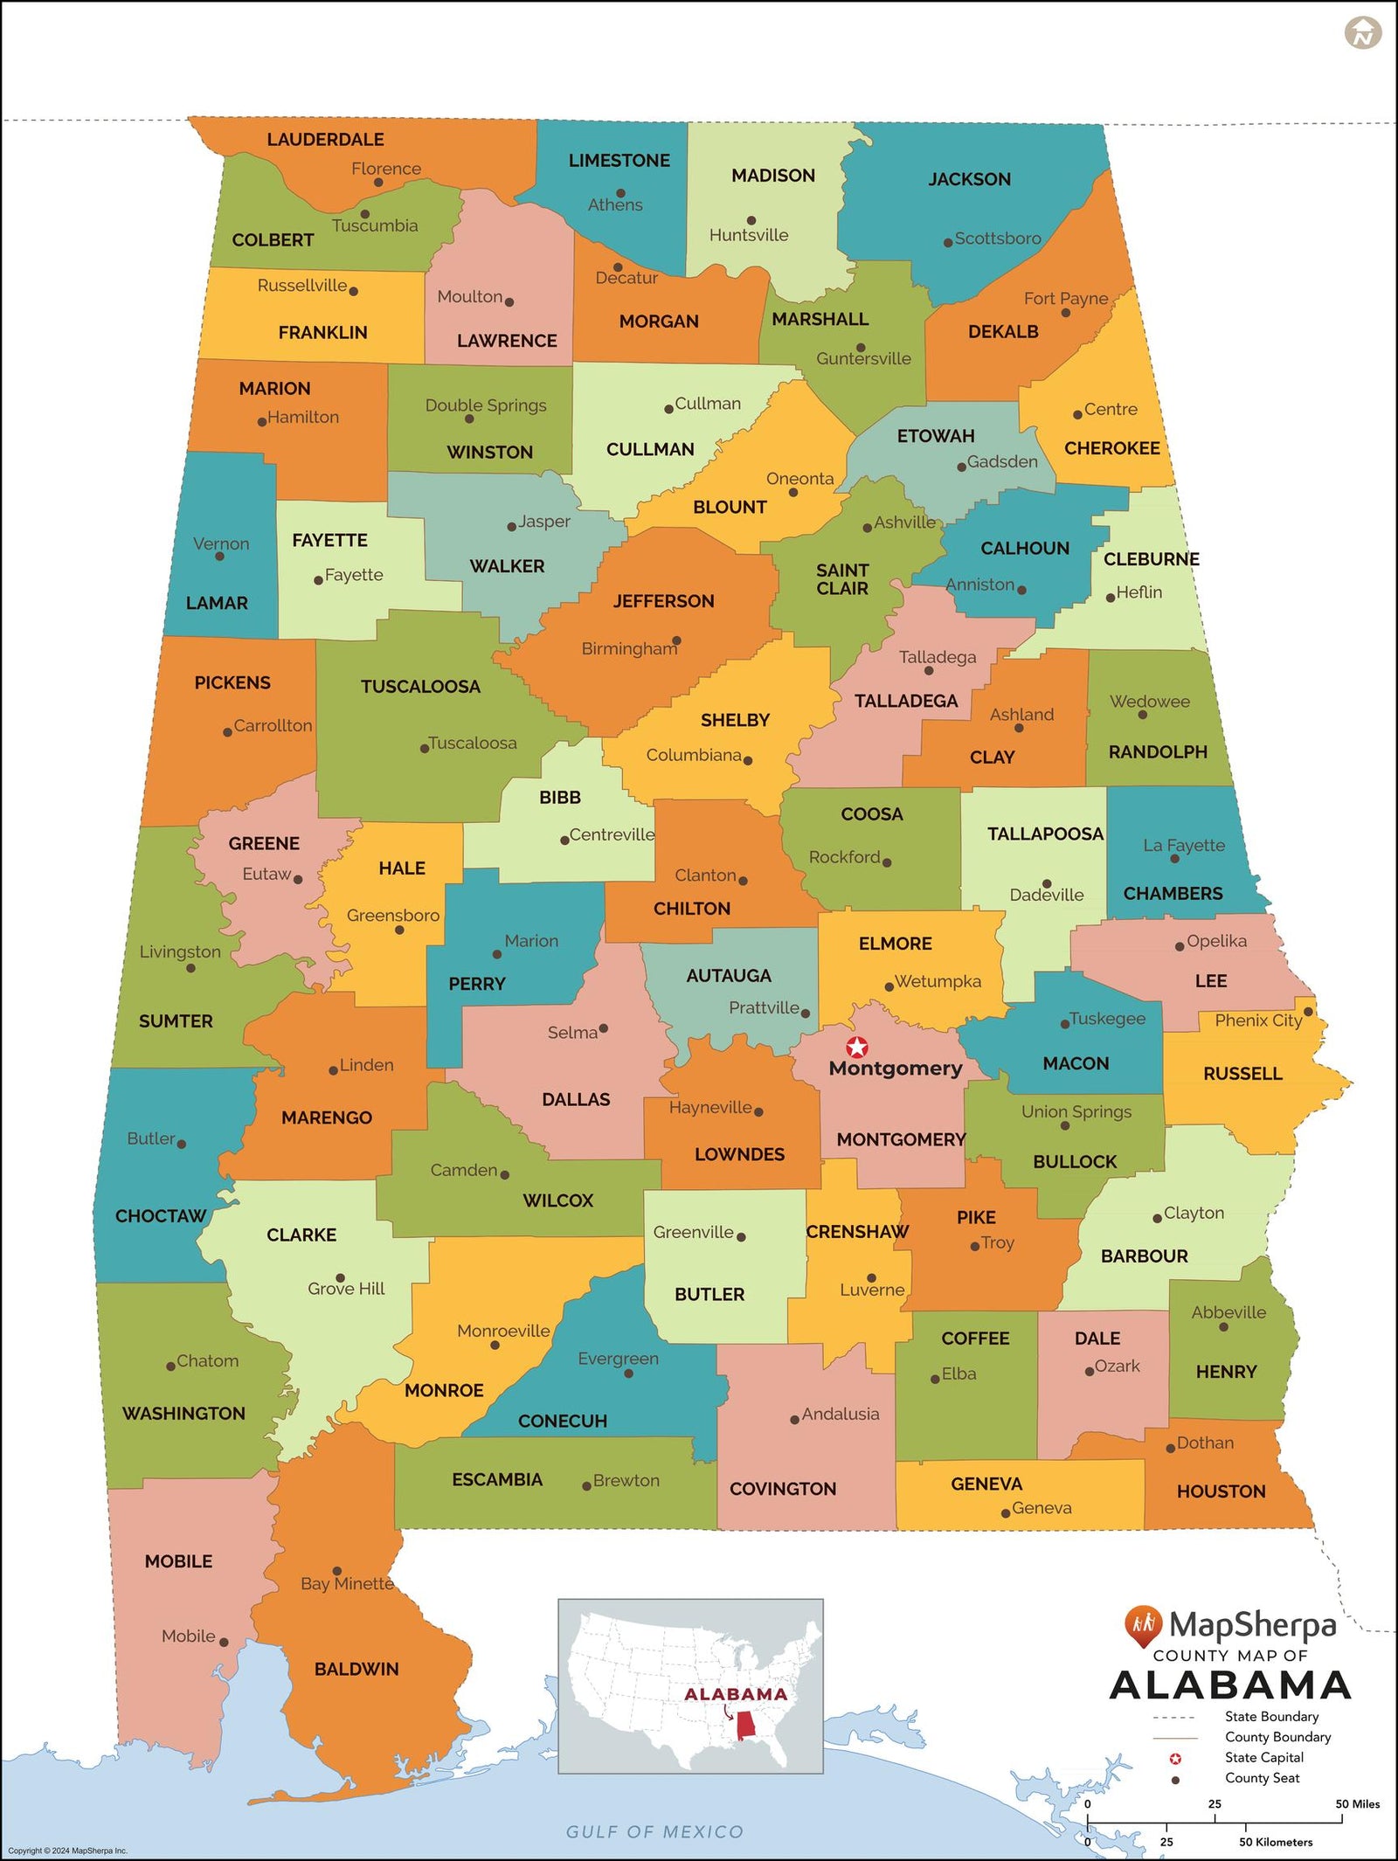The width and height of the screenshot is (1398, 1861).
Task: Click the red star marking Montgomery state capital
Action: pos(857,1047)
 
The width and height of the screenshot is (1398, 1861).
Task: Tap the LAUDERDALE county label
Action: pos(325,140)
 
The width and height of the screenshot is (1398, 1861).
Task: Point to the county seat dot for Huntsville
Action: pos(751,220)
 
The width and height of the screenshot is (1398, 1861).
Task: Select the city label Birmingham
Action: pos(629,649)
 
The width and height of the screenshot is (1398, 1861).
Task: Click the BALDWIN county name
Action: pos(356,1669)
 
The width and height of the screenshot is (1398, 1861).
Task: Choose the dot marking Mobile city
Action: pos(224,1642)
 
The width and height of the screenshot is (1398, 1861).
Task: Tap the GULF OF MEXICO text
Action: pos(654,1831)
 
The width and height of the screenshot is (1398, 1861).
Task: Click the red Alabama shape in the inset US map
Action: pos(746,1726)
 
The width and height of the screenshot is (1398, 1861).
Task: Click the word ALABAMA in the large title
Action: pos(1230,1685)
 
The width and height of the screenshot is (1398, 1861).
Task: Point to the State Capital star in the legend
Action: pos(1175,1758)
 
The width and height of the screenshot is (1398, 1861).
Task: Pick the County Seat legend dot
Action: pos(1175,1779)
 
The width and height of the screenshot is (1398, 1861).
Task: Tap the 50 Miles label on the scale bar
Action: pos(1357,1803)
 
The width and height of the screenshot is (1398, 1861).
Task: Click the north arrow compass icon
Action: pos(1362,33)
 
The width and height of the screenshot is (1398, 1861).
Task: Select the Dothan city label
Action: pos(1205,1442)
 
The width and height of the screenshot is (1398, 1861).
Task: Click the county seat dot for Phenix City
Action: pos(1308,1011)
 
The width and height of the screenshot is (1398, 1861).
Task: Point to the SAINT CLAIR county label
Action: pos(842,579)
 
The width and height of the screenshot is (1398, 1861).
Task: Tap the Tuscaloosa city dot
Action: pos(425,748)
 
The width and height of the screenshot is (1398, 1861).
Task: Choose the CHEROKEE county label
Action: pos(1111,448)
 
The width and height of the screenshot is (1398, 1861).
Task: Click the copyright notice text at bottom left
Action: pos(67,1851)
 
